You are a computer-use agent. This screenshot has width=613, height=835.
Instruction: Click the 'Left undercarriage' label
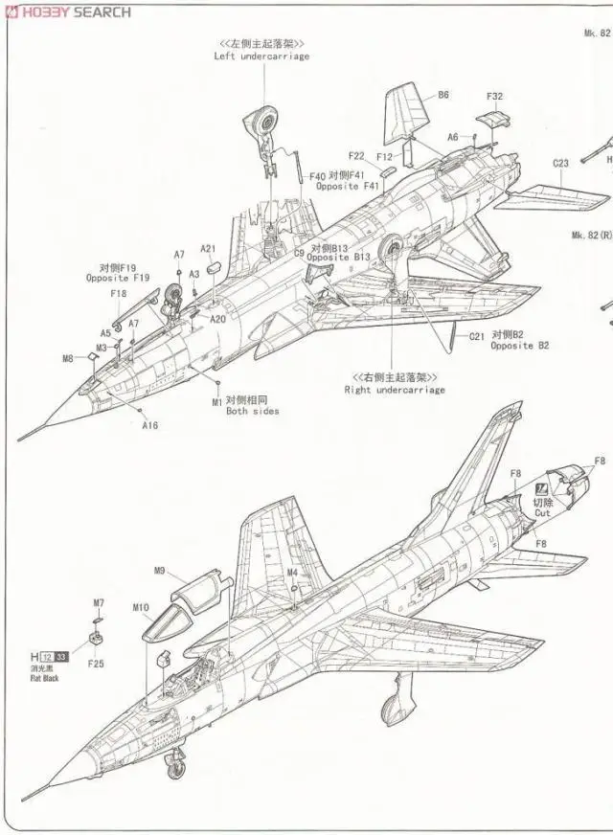[x=261, y=56]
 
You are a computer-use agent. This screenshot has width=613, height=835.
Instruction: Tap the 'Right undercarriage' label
[x=395, y=390]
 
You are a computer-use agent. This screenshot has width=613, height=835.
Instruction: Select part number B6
[x=443, y=95]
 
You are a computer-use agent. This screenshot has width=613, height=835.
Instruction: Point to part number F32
[x=494, y=97]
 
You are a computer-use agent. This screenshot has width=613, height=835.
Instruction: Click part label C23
[x=560, y=163]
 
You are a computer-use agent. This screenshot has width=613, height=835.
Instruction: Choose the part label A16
[x=150, y=425]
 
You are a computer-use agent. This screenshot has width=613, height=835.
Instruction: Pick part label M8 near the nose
[x=68, y=359]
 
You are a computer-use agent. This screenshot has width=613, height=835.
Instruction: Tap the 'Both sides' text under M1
[x=253, y=411]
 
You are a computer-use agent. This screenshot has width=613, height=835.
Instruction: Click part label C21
[x=476, y=337]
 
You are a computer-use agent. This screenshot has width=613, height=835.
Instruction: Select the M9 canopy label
[x=160, y=572]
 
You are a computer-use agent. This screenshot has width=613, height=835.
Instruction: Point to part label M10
[x=141, y=608]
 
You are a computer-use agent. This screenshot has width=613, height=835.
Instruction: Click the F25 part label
[x=96, y=663]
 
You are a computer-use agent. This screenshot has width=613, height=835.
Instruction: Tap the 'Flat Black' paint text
[x=43, y=678]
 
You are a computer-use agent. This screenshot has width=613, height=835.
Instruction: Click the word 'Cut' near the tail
[x=542, y=513]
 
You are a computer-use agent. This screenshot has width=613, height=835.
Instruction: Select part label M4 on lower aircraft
[x=293, y=573]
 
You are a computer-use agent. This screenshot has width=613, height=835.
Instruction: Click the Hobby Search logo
[x=67, y=11]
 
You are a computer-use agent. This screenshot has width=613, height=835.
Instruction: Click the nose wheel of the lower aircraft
[x=175, y=763]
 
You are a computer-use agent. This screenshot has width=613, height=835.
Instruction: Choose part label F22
[x=356, y=156]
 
